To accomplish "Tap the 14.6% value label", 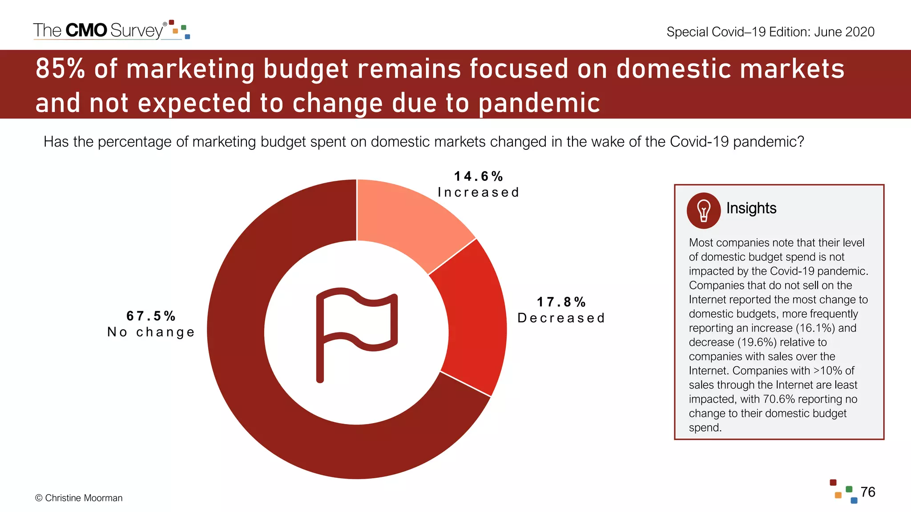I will (478, 176).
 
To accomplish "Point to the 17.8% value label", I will (561, 302).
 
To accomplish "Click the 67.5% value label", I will (151, 316).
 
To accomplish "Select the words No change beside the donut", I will (151, 332).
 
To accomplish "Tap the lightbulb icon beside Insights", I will (703, 210).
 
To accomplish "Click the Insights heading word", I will (751, 208).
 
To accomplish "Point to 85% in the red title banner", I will (60, 69).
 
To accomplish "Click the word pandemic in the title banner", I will (539, 103).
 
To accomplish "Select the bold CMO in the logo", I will (86, 30).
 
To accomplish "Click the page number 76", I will (867, 492).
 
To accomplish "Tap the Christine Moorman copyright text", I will (79, 498).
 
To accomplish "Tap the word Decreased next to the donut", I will (561, 318).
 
